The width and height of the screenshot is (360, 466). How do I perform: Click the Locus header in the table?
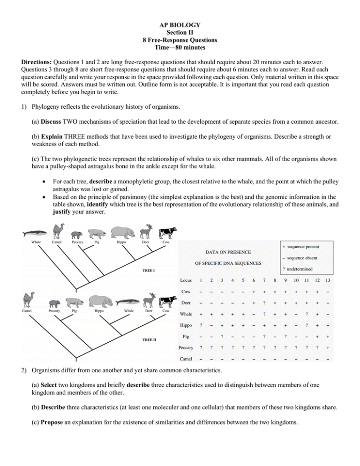pos(186,281)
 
